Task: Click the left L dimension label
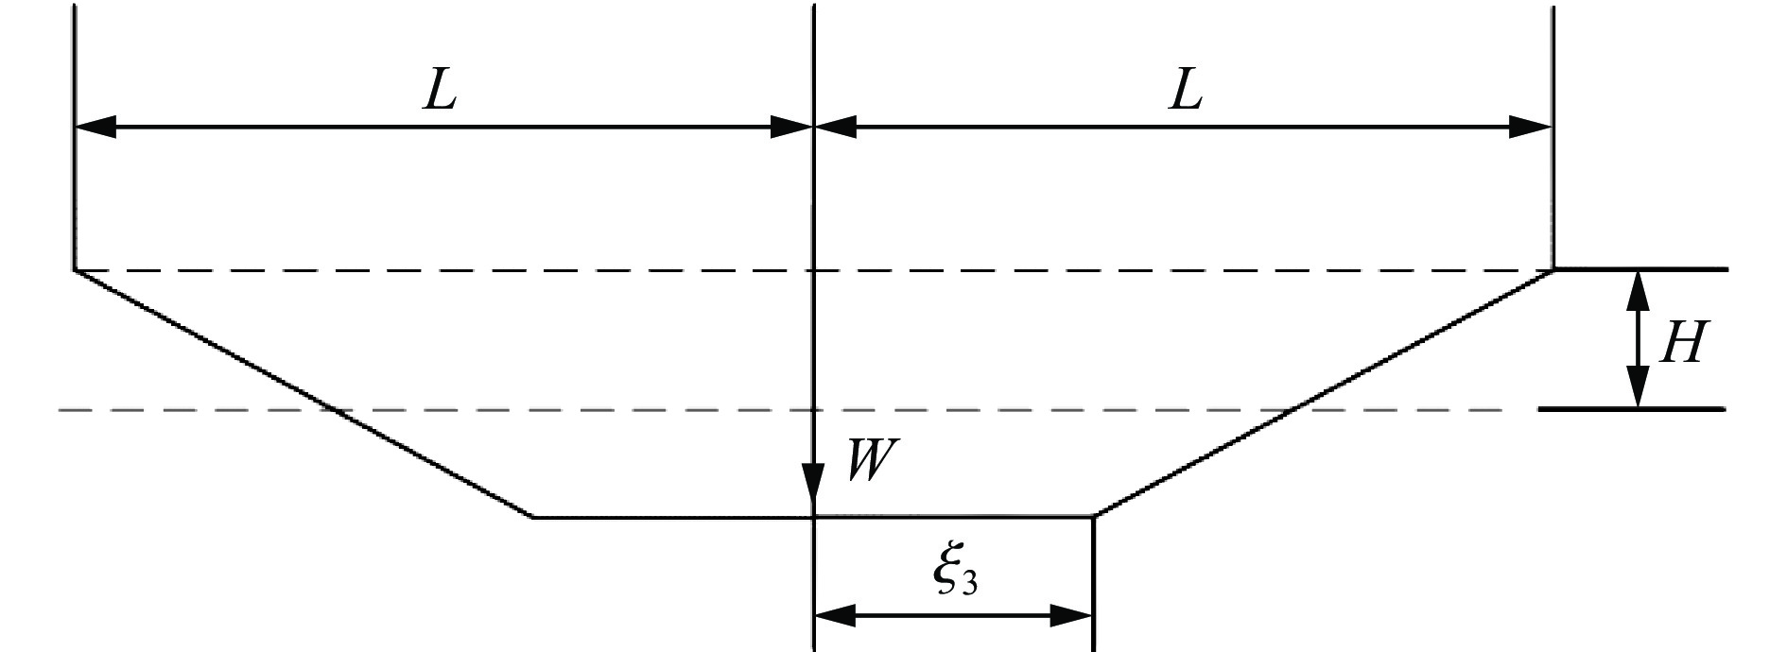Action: (440, 91)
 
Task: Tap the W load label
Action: (869, 463)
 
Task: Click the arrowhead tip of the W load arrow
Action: (813, 516)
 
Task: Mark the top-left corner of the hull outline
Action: (75, 270)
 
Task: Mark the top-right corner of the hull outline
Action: (1553, 270)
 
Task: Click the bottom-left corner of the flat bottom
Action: (534, 517)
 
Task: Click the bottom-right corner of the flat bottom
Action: (1094, 517)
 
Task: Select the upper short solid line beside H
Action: (1641, 269)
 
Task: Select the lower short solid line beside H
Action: (1634, 409)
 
